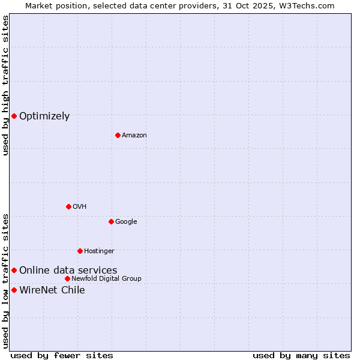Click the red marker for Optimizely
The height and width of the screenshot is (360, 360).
14,116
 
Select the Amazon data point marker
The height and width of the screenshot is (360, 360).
118,135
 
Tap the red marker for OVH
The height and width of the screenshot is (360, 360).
68,206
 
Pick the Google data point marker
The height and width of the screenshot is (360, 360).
111,221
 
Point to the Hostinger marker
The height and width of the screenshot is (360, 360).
80,251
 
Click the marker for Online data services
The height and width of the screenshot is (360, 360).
14,271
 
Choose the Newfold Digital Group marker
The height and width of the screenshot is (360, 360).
67,278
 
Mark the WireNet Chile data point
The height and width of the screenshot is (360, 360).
14,290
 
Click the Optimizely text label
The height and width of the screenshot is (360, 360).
44,116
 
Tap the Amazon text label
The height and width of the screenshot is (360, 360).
134,136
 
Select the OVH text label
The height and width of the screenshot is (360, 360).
80,207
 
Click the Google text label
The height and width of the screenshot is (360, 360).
126,222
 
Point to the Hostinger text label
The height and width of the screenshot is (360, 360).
99,251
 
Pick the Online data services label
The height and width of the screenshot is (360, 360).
68,271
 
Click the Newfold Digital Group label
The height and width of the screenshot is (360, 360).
106,279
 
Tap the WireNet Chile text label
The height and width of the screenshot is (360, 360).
52,290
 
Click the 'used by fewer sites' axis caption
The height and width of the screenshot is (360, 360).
62,356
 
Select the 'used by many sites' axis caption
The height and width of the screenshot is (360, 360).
301,356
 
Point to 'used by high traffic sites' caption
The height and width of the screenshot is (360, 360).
5,85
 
